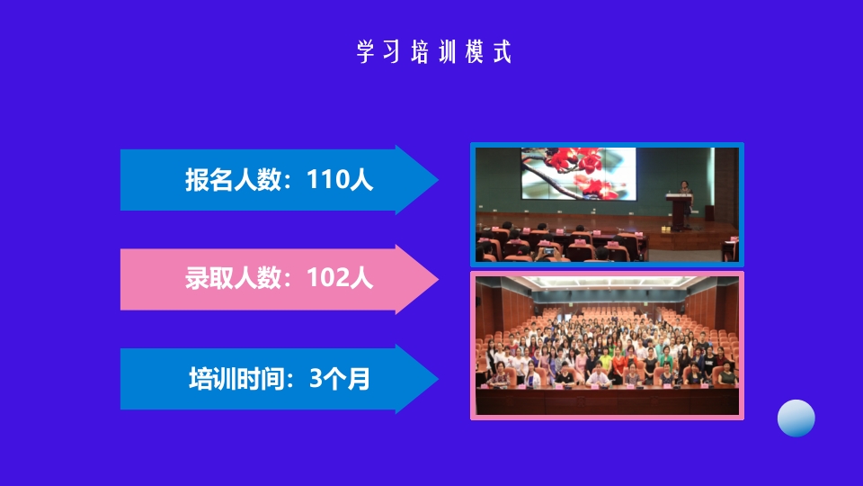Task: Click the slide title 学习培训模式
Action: [x=433, y=52]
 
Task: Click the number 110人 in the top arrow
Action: [x=340, y=180]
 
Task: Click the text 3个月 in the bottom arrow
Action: [x=340, y=379]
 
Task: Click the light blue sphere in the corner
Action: [x=796, y=418]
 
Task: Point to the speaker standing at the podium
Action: [x=685, y=190]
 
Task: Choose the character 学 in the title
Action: [x=364, y=52]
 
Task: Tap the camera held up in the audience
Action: [x=548, y=251]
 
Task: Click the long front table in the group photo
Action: [x=607, y=396]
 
